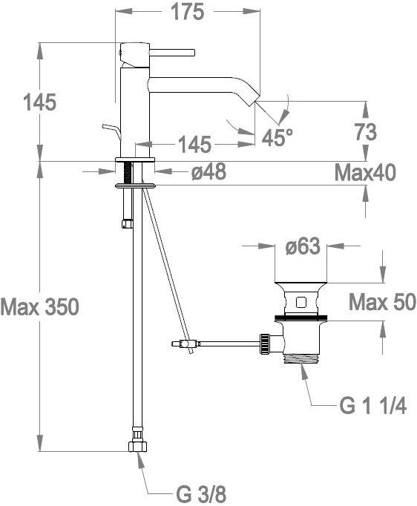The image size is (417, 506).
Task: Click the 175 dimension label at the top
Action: point(188,13)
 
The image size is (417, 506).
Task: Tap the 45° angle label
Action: point(278,137)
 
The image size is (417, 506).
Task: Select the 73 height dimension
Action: point(366,132)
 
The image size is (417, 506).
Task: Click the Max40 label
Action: point(365,173)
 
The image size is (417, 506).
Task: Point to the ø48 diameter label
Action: point(208,171)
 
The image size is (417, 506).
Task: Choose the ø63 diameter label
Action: point(303,247)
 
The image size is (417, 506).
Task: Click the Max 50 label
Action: point(382,303)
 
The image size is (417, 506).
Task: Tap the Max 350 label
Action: point(40,306)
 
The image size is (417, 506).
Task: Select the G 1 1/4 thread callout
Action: point(372,405)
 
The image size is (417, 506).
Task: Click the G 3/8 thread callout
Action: point(201,494)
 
